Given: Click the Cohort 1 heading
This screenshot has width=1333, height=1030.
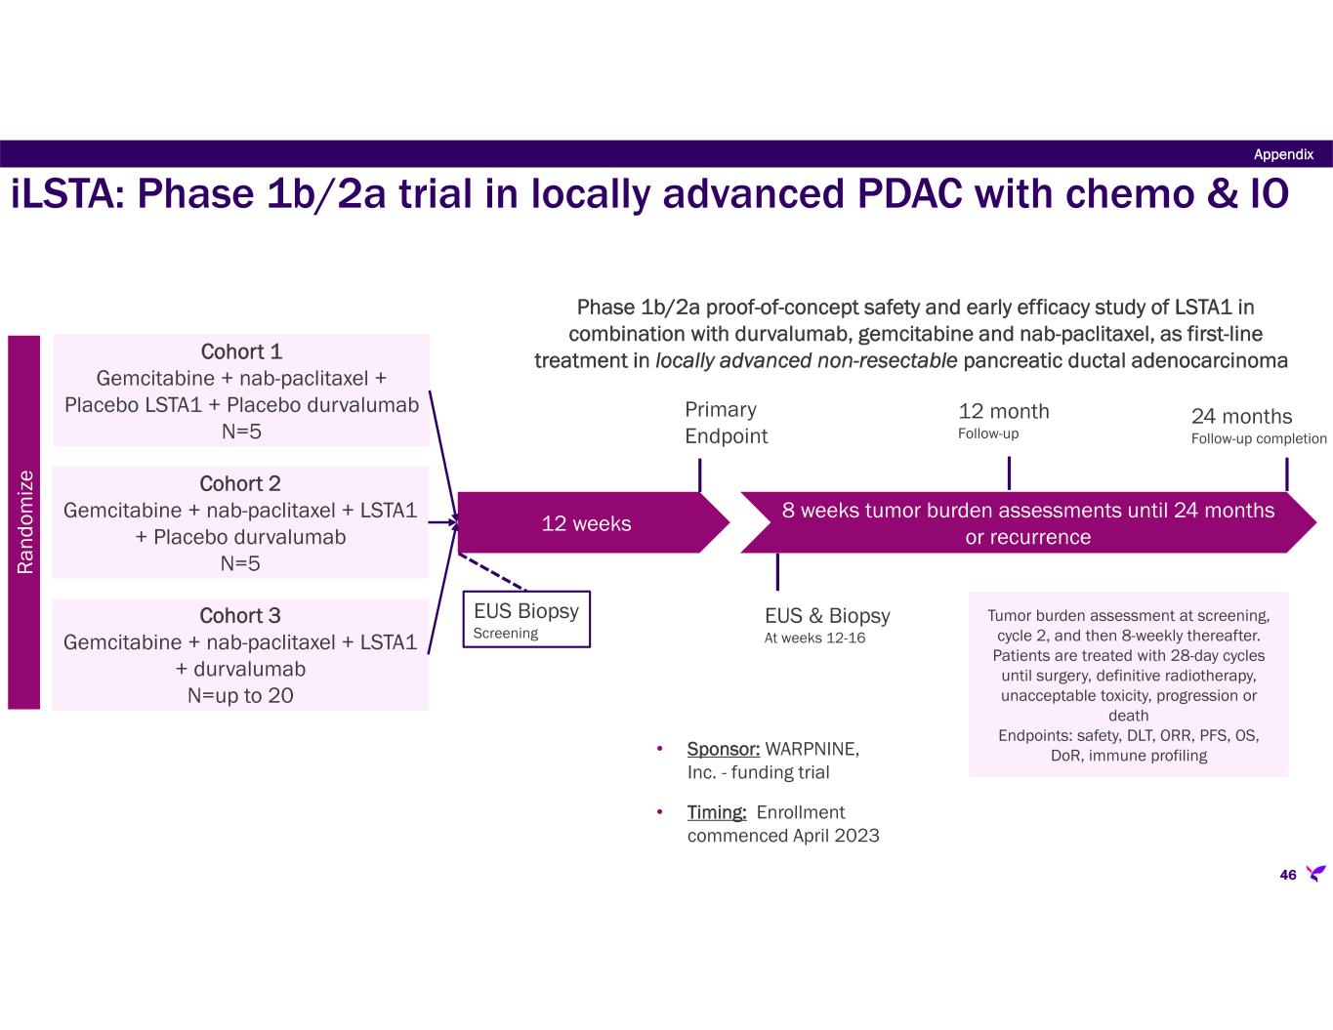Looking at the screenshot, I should click(x=241, y=352).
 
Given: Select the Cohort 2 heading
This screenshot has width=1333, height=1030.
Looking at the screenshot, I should click(x=240, y=484).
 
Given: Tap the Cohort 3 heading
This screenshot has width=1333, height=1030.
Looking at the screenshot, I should click(x=240, y=616).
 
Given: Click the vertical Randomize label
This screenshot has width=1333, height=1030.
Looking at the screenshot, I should click(x=24, y=521).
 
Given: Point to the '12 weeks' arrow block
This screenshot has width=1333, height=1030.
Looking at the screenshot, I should click(x=586, y=523).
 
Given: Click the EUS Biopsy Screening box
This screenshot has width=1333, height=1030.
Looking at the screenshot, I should click(x=526, y=619).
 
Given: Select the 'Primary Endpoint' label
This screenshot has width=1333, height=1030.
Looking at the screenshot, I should click(x=726, y=423).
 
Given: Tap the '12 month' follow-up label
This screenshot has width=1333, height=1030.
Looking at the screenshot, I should click(x=1004, y=412).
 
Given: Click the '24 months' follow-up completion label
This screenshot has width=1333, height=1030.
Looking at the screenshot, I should click(x=1241, y=417).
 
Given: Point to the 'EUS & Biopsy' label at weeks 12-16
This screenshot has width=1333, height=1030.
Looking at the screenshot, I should click(x=827, y=616).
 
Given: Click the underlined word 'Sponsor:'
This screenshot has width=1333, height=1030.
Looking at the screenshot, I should click(x=724, y=749).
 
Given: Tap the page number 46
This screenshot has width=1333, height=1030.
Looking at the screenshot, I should click(x=1287, y=875).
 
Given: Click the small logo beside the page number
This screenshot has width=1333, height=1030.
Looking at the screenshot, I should click(x=1315, y=873).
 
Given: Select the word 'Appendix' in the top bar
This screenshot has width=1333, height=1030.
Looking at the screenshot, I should click(x=1283, y=154).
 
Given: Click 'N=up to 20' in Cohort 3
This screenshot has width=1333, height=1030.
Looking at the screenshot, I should click(x=240, y=696).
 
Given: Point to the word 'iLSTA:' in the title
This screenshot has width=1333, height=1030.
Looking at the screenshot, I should click(x=67, y=194).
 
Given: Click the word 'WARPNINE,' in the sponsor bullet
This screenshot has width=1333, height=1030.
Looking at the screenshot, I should click(x=812, y=749).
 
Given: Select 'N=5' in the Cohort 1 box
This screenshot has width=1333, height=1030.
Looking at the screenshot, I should click(x=241, y=431).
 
